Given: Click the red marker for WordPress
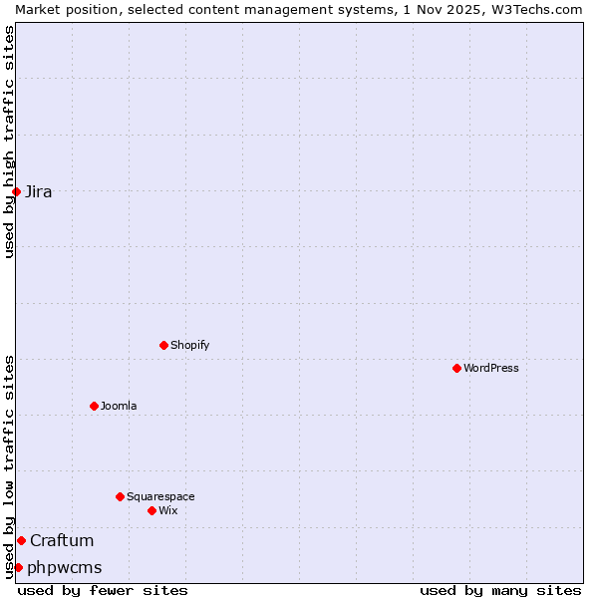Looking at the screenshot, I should (x=456, y=368).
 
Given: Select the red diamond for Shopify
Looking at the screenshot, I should (x=163, y=345).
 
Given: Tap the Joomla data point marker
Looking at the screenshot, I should (x=94, y=406).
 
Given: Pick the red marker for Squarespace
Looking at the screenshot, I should (x=120, y=496).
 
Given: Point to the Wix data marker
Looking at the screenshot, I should (x=151, y=510).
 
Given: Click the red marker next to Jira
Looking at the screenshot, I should (x=16, y=191).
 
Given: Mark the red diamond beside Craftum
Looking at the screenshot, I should (x=21, y=540).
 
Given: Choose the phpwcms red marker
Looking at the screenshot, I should (x=18, y=567).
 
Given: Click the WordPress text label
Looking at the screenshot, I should (x=491, y=368).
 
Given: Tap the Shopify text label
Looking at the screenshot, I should (x=190, y=345).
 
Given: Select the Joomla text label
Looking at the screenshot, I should (x=119, y=406).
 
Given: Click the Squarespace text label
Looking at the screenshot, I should (x=160, y=496).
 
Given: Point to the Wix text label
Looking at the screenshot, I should (x=168, y=510).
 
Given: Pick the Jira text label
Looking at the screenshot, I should (x=39, y=191).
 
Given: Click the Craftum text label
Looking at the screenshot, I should (x=62, y=540).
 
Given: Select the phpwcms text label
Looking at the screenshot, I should (x=65, y=567).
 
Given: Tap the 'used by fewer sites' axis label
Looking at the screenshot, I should (x=103, y=590).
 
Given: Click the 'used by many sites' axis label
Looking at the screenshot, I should (x=500, y=590).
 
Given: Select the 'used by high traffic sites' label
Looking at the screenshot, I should (x=9, y=142).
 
